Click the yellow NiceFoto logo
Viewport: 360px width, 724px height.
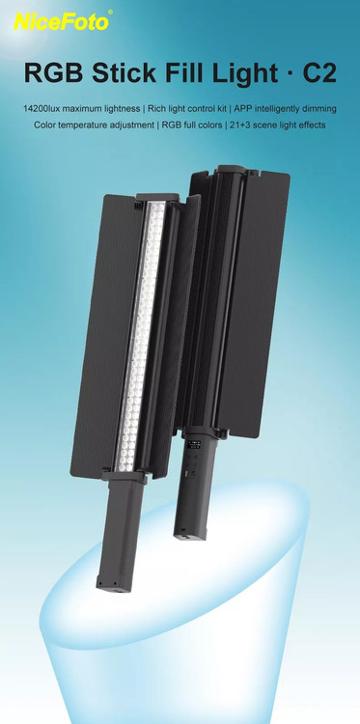62,21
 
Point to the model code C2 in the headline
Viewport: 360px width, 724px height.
319,73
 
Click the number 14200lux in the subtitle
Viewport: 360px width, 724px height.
43,109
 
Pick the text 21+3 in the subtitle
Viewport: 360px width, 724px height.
238,125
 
